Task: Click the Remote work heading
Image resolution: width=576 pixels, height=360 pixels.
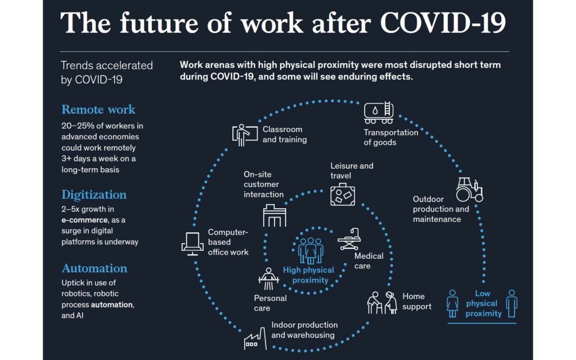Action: coord(98,110)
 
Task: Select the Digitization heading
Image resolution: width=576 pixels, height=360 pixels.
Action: coord(94,195)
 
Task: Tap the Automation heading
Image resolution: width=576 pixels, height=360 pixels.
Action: coord(94,268)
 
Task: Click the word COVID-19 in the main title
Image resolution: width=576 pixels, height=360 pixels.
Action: coord(443,23)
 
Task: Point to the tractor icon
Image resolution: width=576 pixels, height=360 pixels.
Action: coord(470,190)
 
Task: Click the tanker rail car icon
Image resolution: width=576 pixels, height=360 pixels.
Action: coord(379,112)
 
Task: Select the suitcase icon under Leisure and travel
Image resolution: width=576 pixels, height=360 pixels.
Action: coord(343,195)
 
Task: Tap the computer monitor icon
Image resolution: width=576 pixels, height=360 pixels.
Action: coord(192,244)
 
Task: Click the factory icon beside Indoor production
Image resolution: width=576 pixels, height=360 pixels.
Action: coord(255,339)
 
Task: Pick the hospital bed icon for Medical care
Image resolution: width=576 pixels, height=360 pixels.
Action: coord(349,239)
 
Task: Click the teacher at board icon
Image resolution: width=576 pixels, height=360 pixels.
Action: coord(245,135)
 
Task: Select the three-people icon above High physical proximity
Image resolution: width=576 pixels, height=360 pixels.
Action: coord(310,250)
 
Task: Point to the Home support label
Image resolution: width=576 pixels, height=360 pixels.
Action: coord(417,301)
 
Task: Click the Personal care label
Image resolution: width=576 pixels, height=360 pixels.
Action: coord(270,303)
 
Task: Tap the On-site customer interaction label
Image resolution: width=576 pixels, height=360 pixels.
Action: coord(263,184)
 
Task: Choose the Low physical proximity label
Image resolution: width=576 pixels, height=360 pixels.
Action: coord(483,303)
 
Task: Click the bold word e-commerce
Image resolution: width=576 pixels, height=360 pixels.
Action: coord(84,220)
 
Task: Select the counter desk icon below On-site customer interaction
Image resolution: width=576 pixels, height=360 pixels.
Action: coord(274,215)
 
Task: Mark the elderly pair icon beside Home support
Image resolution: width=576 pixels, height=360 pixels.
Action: coord(382,303)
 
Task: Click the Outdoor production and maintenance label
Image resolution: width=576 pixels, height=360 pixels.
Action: coord(441,209)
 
